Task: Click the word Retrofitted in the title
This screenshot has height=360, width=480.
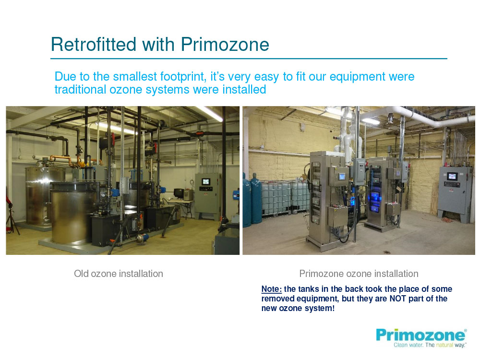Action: (x=94, y=44)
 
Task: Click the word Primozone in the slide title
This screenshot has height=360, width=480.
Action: (x=225, y=44)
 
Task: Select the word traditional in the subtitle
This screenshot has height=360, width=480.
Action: (x=80, y=90)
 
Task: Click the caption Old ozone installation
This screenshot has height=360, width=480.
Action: (x=119, y=274)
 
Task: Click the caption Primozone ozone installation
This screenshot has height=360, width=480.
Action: (x=359, y=274)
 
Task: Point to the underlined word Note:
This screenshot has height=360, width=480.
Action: (x=272, y=289)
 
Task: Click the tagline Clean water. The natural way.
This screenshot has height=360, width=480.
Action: (x=430, y=345)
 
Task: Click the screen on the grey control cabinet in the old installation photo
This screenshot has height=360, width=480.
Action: (x=206, y=181)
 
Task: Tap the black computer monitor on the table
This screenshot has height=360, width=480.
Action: (x=178, y=193)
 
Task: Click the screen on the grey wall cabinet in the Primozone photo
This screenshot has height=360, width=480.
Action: (x=452, y=176)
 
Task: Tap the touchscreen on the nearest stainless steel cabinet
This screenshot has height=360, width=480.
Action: (x=342, y=177)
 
